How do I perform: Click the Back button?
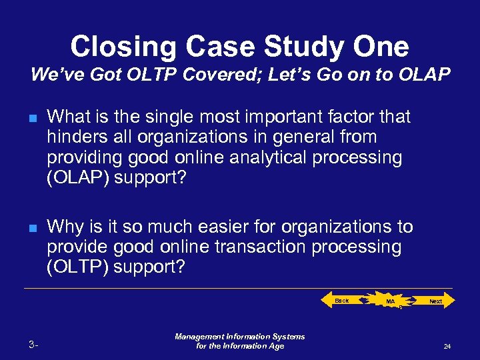coord(341,301)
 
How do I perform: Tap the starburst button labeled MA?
coord(391,302)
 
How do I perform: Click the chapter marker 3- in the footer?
coord(34,345)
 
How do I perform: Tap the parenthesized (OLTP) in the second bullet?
coord(79,267)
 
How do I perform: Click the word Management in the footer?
coord(203,337)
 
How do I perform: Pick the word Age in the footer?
coord(275,346)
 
